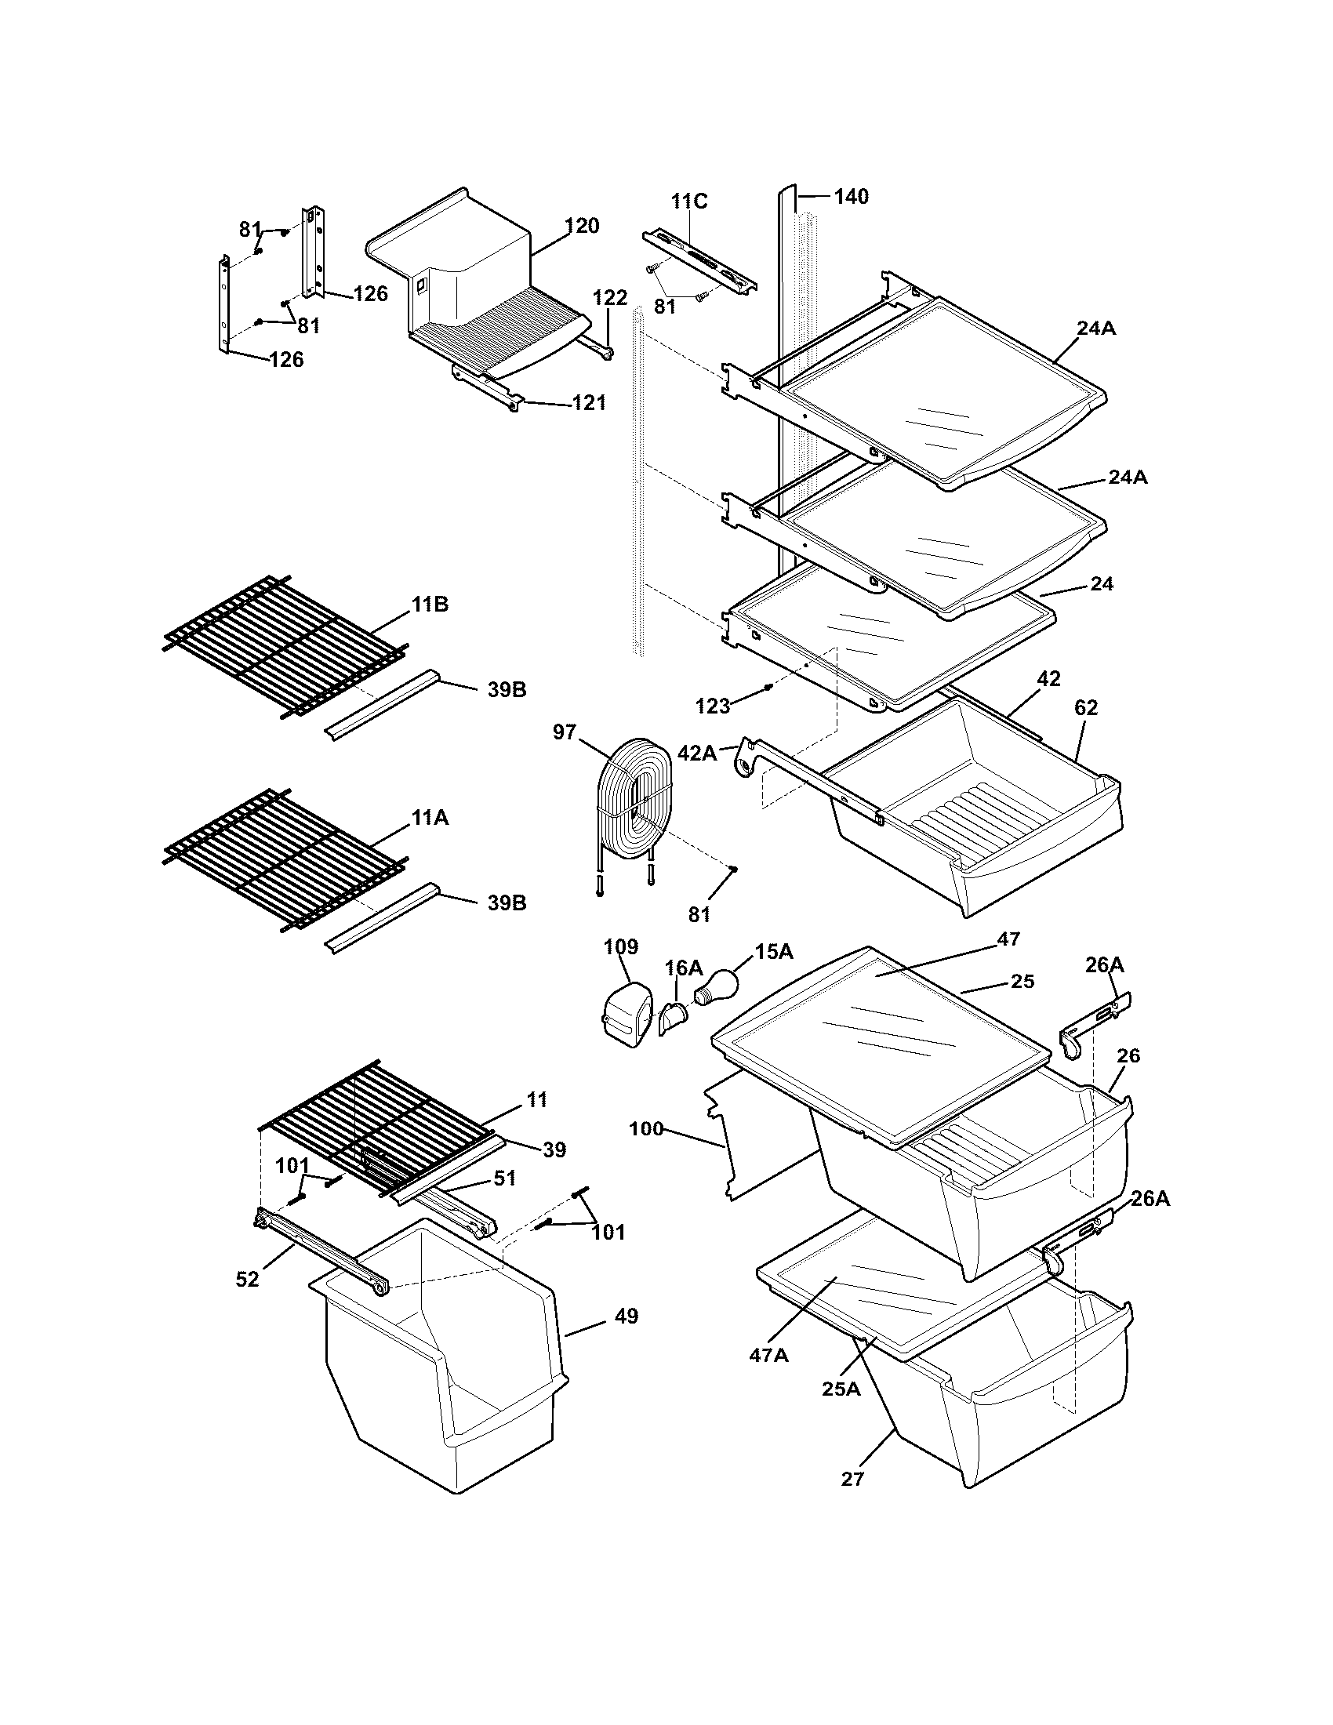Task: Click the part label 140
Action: click(851, 196)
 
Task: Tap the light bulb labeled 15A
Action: click(717, 986)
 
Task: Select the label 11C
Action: click(689, 202)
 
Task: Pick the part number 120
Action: click(582, 226)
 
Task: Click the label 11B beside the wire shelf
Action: click(430, 605)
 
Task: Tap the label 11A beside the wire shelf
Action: click(430, 819)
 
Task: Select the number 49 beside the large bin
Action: click(626, 1316)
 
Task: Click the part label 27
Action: click(853, 1479)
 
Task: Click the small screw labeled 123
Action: click(768, 687)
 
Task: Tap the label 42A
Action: click(696, 753)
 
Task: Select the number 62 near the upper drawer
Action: click(1086, 708)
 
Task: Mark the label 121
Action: click(589, 403)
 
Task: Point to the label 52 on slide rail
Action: click(247, 1280)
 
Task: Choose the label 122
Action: click(609, 298)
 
